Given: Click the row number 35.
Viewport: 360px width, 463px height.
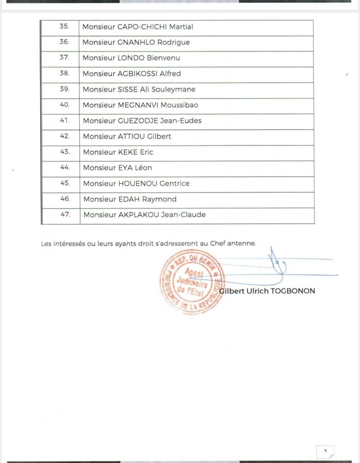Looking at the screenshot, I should (x=64, y=27).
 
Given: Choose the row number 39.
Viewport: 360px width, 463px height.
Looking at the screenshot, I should (x=65, y=89).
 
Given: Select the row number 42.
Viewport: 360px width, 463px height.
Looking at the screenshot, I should (x=65, y=136).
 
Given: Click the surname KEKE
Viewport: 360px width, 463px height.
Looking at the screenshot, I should (x=128, y=152).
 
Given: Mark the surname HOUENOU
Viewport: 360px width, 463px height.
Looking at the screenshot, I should (x=137, y=184).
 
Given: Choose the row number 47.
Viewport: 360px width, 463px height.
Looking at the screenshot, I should (x=66, y=215).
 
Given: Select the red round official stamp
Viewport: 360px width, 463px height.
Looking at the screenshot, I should (x=192, y=282).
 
